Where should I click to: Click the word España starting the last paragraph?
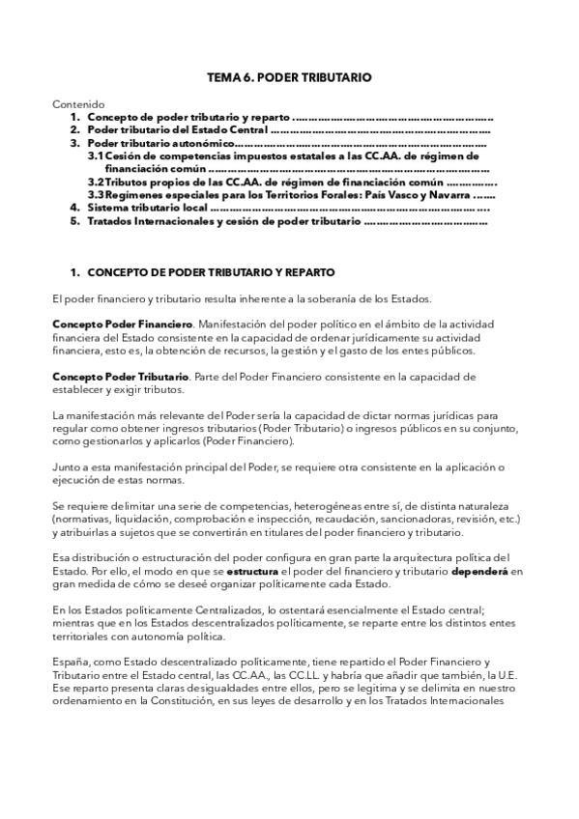72,661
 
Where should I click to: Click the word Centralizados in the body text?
202,609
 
